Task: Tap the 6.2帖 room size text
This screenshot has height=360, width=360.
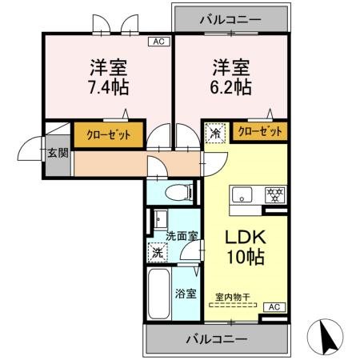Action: tap(230, 83)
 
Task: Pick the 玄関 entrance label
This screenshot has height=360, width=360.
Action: tap(54, 154)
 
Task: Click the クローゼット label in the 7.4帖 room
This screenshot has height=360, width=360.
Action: tap(110, 134)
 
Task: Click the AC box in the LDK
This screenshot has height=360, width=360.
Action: tap(273, 306)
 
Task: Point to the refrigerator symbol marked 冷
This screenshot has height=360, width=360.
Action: tap(215, 133)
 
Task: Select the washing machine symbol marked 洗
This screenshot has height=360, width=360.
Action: tap(158, 253)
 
